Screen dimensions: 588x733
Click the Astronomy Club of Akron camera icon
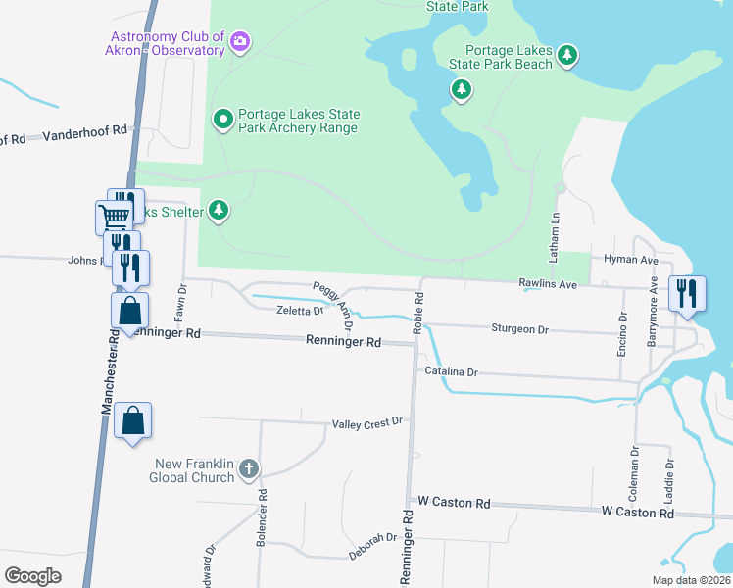pyautogui.click(x=240, y=41)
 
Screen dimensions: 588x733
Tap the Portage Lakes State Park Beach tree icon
pyautogui.click(x=567, y=57)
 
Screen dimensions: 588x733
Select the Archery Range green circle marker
pyautogui.click(x=222, y=120)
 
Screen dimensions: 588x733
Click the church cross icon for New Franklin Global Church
pyautogui.click(x=249, y=468)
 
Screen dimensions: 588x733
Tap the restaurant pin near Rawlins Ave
pyautogui.click(x=685, y=292)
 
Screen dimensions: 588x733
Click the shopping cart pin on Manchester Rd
pyautogui.click(x=114, y=216)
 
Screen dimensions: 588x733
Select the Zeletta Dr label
pyautogui.click(x=299, y=311)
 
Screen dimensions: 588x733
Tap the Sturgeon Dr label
pyautogui.click(x=518, y=329)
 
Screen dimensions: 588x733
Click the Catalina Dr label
pyautogui.click(x=451, y=372)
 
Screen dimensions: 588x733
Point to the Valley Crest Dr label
pyautogui.click(x=367, y=422)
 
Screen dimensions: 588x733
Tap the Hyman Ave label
pyautogui.click(x=631, y=260)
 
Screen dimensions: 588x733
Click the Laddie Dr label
pyautogui.click(x=670, y=479)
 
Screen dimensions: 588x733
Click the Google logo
pyautogui.click(x=33, y=575)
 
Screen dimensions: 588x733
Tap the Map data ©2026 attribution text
pyautogui.click(x=689, y=580)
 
